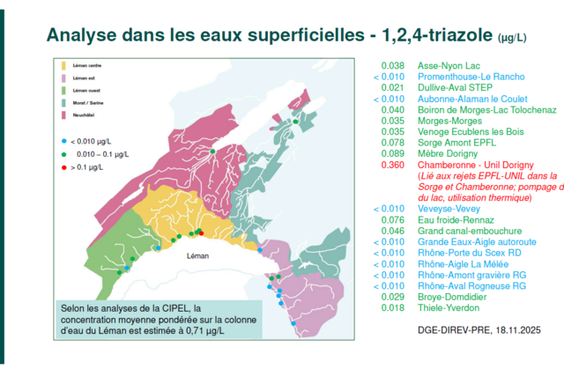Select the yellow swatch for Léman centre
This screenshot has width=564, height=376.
(x=63, y=66)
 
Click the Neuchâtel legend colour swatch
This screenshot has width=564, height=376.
(x=63, y=114)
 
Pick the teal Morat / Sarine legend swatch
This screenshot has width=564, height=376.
(x=63, y=102)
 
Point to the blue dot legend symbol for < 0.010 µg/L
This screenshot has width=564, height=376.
(x=63, y=141)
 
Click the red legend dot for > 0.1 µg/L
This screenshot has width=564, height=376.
(x=63, y=166)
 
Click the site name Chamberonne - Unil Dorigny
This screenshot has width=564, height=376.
(x=476, y=165)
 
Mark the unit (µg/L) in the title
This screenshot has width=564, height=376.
(x=512, y=38)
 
